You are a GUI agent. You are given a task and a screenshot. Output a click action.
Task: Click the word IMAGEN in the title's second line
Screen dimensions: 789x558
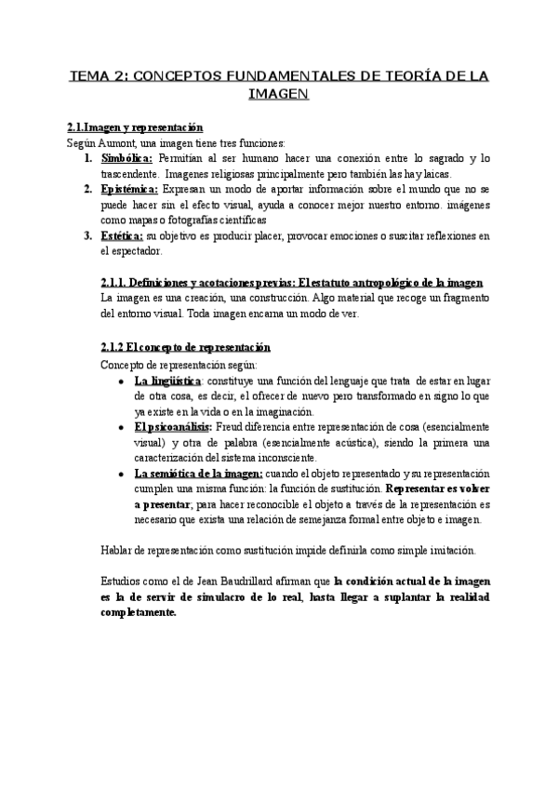coord(279,95)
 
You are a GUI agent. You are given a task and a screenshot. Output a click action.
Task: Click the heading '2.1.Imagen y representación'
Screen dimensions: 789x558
coord(135,127)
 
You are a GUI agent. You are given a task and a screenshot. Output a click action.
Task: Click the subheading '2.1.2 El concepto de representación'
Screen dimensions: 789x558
coord(185,347)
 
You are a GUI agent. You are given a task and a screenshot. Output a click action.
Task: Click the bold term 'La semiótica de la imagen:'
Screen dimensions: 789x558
coord(197,473)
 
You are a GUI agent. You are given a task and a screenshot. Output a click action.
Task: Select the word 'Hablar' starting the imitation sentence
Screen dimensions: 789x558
coord(116,550)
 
